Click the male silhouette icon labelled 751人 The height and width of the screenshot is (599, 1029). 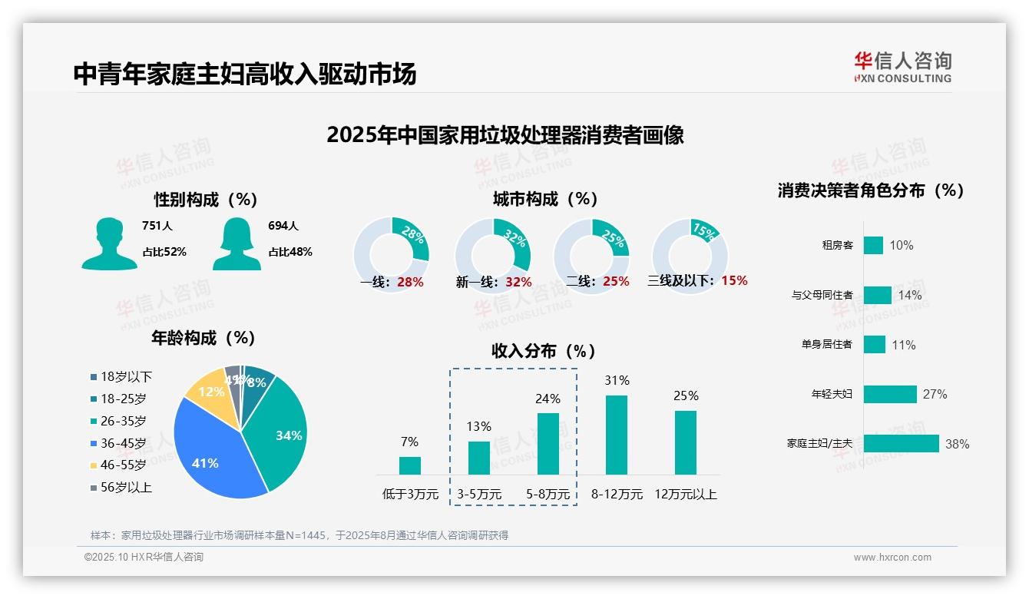click(109, 243)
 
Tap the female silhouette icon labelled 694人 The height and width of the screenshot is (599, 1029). click(237, 243)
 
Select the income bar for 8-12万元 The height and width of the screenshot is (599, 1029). click(617, 435)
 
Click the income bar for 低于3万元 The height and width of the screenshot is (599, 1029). click(410, 465)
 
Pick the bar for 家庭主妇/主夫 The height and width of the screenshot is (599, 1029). click(901, 444)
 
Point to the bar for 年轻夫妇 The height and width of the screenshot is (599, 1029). click(890, 394)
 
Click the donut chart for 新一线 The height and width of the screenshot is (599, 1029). click(492, 256)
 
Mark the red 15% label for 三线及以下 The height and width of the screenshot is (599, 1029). click(734, 280)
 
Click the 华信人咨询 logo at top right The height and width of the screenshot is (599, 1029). click(902, 68)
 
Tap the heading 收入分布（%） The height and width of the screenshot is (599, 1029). click(544, 351)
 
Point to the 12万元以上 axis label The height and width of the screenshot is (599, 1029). click(685, 495)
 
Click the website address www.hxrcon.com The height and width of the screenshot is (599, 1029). click(892, 558)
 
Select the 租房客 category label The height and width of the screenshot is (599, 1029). click(837, 246)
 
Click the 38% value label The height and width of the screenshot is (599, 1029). click(957, 444)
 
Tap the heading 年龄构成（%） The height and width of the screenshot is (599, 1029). click(203, 338)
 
